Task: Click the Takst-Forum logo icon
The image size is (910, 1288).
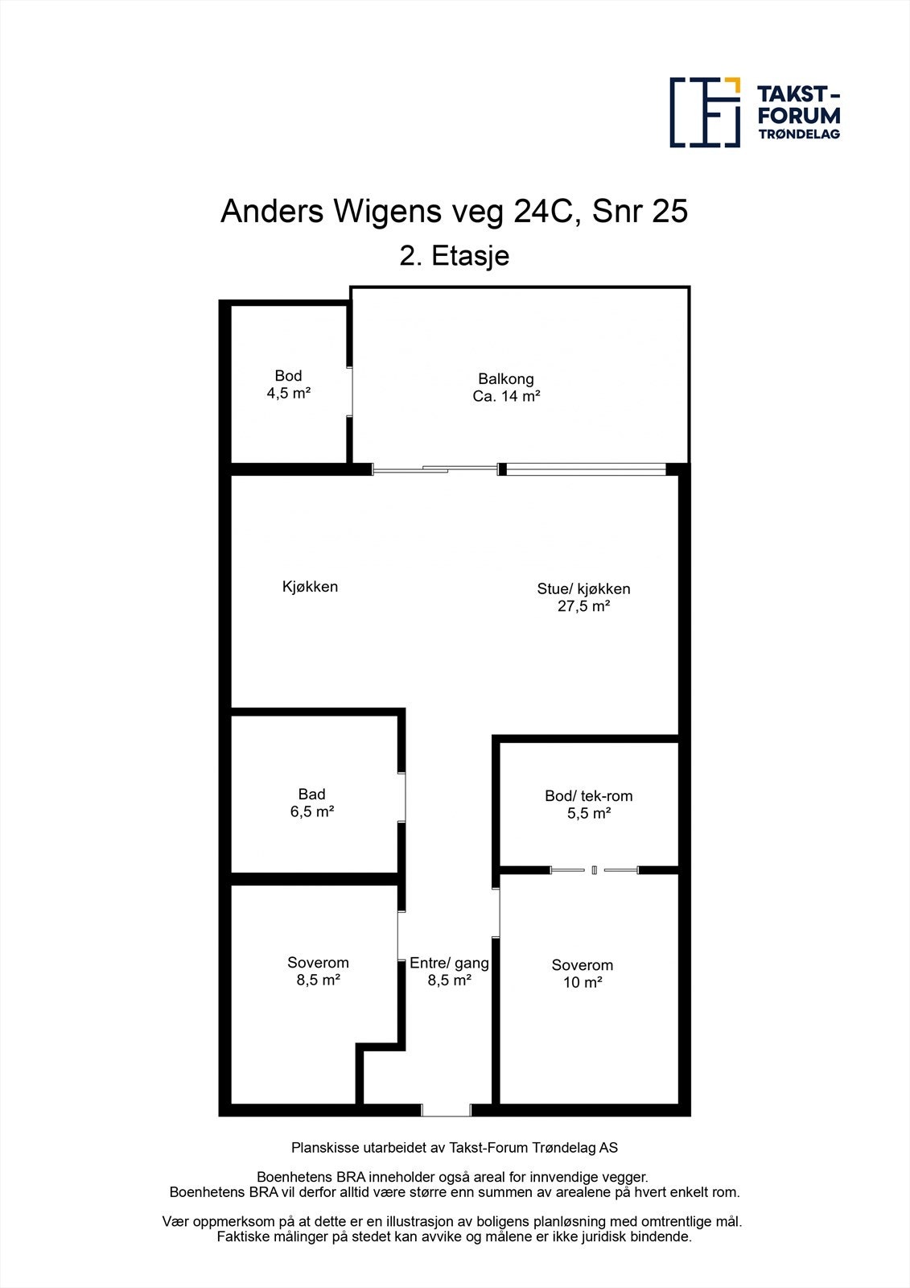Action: (705, 112)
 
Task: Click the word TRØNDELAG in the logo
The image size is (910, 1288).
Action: (799, 134)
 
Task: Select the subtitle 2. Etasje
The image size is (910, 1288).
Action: (455, 256)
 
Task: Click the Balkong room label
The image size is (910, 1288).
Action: (506, 379)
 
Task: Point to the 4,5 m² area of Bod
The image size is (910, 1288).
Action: (289, 394)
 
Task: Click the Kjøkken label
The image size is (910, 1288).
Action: (310, 587)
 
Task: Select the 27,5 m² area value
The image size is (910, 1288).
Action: (583, 606)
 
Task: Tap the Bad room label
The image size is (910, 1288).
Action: (311, 794)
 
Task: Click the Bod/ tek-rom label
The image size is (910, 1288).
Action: (589, 796)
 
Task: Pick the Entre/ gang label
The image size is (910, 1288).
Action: (449, 963)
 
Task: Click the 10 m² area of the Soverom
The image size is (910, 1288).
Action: (583, 982)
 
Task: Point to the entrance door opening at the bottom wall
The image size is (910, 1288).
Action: (446, 1110)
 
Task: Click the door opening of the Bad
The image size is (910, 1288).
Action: (401, 797)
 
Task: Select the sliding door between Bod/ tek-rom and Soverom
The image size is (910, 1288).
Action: (595, 870)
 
